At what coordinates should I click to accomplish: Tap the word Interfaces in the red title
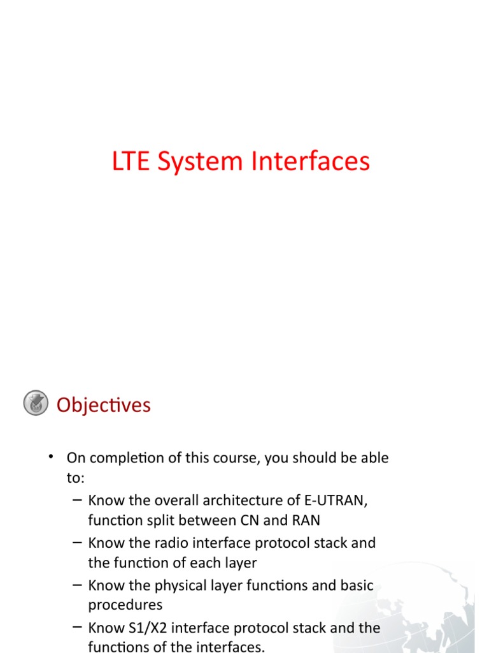tap(310, 162)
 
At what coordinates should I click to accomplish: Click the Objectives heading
tap(104, 405)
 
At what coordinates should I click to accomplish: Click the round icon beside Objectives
tap(36, 404)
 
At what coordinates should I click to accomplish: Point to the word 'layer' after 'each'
tap(238, 562)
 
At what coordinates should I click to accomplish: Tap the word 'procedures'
tap(125, 605)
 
